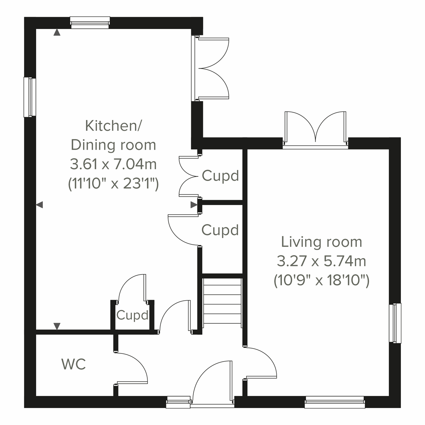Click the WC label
coord(74,364)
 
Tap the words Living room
coord(322,242)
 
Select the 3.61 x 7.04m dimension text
coord(113,164)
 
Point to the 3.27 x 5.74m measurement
coord(322,262)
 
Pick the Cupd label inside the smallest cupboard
coord(132,315)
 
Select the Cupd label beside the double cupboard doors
coord(220,176)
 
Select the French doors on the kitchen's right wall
coord(212,68)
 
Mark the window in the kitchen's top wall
coord(90,22)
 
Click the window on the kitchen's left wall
coord(30,97)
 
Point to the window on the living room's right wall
coord(395,323)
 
